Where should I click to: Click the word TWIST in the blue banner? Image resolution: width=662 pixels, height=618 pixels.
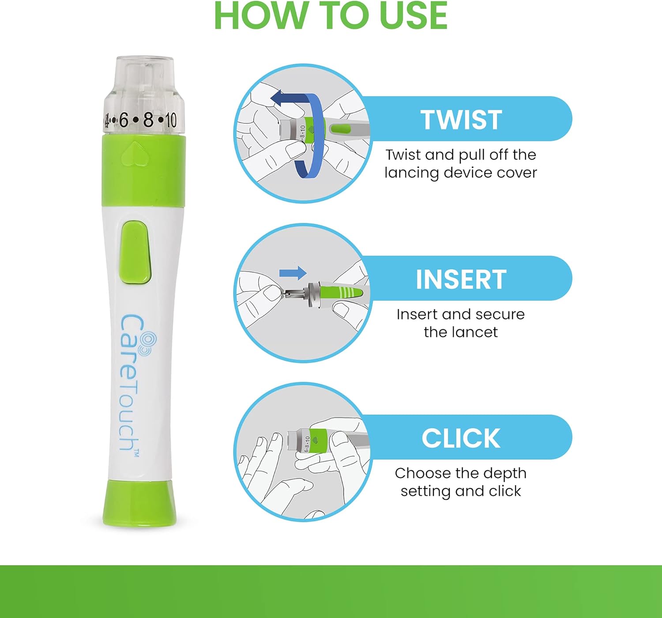pyautogui.click(x=461, y=120)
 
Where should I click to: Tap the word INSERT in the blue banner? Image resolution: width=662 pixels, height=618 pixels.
pyautogui.click(x=461, y=279)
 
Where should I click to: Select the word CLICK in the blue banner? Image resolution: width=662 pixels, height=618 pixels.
pyautogui.click(x=461, y=438)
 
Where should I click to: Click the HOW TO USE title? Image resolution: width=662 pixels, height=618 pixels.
pyautogui.click(x=331, y=16)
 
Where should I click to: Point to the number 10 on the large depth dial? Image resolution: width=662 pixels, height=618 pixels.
pyautogui.click(x=170, y=120)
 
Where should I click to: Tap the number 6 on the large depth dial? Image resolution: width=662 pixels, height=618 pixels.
pyautogui.click(x=124, y=120)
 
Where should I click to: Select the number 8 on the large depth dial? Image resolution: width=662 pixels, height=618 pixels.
pyautogui.click(x=148, y=120)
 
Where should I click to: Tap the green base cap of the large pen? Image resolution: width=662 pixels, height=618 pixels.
pyautogui.click(x=139, y=503)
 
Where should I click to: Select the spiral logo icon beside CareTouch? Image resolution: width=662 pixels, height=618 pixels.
pyautogui.click(x=148, y=343)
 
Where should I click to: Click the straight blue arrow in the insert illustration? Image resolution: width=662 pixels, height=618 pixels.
pyautogui.click(x=293, y=273)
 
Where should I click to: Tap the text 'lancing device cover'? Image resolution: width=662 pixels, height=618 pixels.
pyautogui.click(x=461, y=173)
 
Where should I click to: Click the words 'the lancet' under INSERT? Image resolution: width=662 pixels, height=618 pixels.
pyautogui.click(x=461, y=332)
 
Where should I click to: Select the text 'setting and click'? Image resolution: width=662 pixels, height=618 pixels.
pyautogui.click(x=461, y=491)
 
